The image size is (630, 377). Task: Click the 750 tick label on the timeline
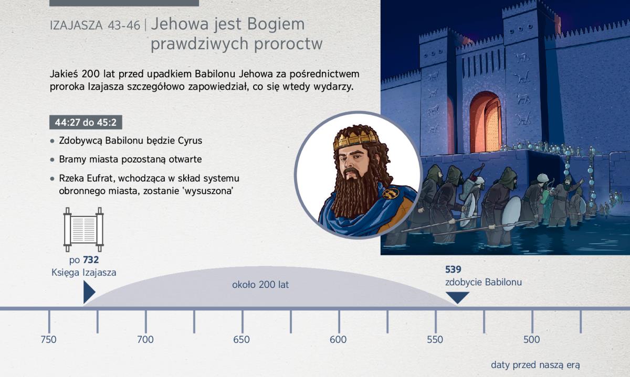click(x=48, y=340)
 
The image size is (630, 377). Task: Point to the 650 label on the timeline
click(x=241, y=340)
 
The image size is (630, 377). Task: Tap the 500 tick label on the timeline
click(x=531, y=340)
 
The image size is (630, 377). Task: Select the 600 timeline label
click(x=338, y=340)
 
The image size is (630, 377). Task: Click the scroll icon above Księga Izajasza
click(x=83, y=230)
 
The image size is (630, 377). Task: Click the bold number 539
click(x=453, y=270)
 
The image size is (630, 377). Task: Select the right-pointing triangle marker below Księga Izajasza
click(x=89, y=292)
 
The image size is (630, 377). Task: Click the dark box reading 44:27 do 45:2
click(x=86, y=122)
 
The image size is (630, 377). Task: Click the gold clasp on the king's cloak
click(x=391, y=193)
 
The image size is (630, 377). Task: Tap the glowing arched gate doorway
click(x=486, y=123)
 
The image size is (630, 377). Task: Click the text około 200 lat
click(x=260, y=285)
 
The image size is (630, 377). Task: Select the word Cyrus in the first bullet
click(x=190, y=141)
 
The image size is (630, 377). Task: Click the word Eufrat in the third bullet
click(x=100, y=178)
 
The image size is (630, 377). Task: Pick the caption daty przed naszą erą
click(x=535, y=365)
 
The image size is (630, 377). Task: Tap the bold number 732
click(x=91, y=260)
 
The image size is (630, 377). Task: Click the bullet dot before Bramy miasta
click(x=52, y=160)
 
